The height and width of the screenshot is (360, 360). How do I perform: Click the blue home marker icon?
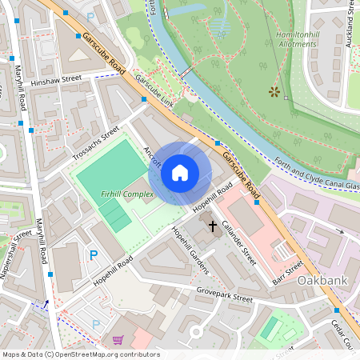coord(180,173)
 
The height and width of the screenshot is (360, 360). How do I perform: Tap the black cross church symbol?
coord(213,226)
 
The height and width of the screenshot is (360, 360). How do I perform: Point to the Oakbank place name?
coord(325,282)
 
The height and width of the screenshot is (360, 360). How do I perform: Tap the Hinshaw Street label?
coord(57,80)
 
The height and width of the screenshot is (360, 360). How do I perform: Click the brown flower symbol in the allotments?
coord(274,92)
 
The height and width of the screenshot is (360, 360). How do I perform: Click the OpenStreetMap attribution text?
coord(80,354)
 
